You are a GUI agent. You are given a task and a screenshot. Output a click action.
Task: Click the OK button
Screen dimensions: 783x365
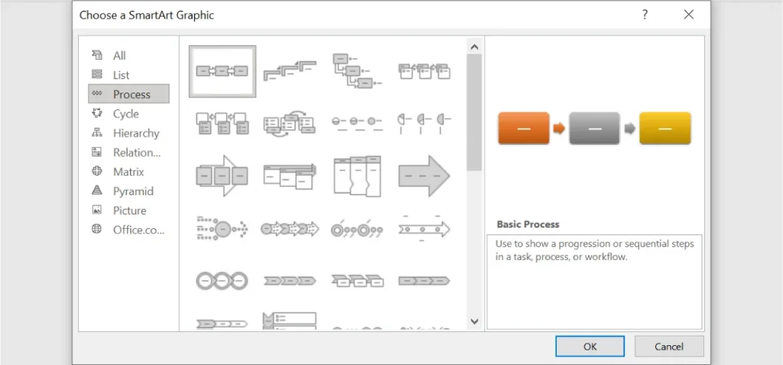[x=590, y=346]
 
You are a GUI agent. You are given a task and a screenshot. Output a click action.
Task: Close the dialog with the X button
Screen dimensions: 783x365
[x=689, y=15]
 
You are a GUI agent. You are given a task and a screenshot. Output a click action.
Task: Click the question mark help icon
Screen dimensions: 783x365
[x=645, y=15]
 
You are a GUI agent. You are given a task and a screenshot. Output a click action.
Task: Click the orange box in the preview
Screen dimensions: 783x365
[x=523, y=129]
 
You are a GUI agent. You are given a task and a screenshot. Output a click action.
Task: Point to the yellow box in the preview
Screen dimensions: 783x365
[x=665, y=129]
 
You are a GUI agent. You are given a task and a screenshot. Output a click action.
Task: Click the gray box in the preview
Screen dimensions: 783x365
[x=594, y=129]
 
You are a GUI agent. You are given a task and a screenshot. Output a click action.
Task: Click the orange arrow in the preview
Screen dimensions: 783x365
[x=559, y=129]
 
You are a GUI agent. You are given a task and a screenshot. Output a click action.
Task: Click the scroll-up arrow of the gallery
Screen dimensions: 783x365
[x=474, y=47]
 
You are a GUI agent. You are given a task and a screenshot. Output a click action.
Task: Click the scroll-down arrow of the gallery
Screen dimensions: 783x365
[x=474, y=321]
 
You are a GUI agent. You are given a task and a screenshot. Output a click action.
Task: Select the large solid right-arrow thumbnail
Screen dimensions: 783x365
[x=424, y=175]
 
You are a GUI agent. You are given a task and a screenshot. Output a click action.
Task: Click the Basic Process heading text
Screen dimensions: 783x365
[x=528, y=224]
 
